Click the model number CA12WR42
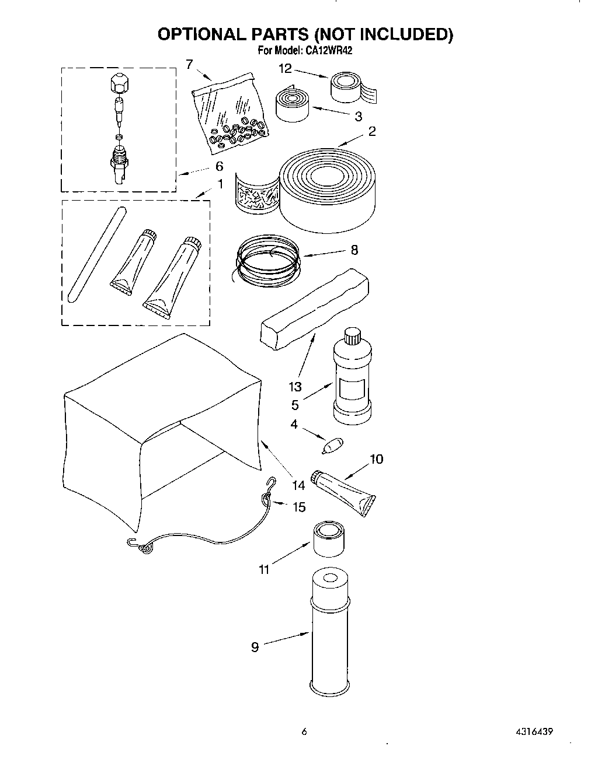click(328, 51)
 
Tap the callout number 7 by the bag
click(189, 64)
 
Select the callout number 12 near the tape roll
click(284, 69)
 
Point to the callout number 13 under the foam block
click(295, 386)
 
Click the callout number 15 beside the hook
click(298, 507)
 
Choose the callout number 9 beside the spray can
click(255, 647)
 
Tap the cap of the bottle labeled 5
click(352, 337)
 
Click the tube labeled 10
click(345, 492)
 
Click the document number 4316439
click(534, 731)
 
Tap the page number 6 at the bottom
click(304, 731)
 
